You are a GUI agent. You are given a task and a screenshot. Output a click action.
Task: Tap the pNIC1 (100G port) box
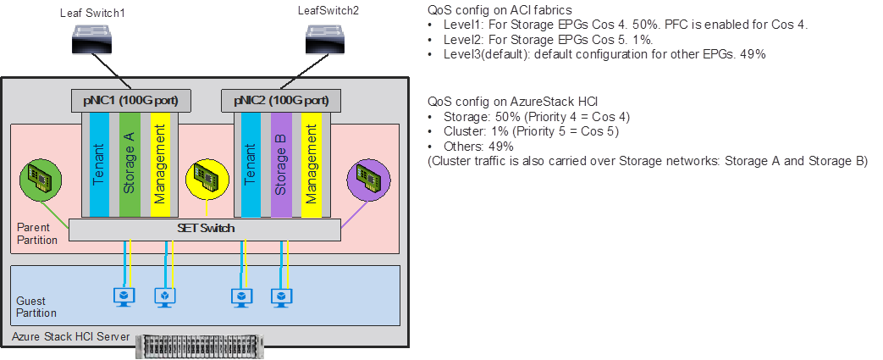130,101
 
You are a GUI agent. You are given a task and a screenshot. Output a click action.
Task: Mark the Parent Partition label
37,234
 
